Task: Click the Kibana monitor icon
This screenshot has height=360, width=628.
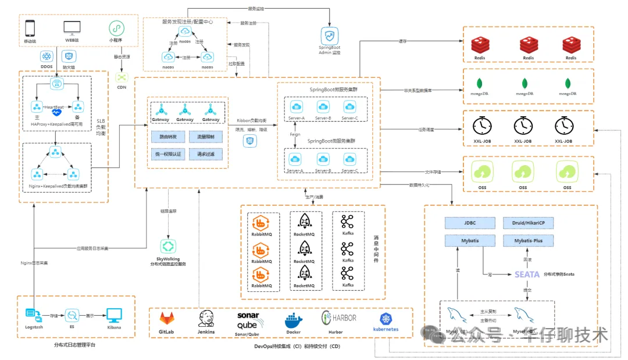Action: pyautogui.click(x=114, y=315)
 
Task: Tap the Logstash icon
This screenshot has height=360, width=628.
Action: pyautogui.click(x=33, y=315)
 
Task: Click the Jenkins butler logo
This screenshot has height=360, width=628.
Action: pyautogui.click(x=206, y=319)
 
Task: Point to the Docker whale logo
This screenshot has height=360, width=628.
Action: pyautogui.click(x=293, y=320)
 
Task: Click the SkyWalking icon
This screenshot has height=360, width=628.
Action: pyautogui.click(x=168, y=246)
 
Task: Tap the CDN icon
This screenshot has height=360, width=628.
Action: pyautogui.click(x=122, y=77)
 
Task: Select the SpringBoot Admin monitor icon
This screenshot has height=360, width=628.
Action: pyautogui.click(x=329, y=34)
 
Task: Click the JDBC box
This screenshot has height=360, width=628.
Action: pyautogui.click(x=461, y=223)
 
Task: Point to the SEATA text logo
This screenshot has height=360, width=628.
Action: pyautogui.click(x=527, y=274)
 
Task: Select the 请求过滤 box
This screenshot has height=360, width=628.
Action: pyautogui.click(x=206, y=155)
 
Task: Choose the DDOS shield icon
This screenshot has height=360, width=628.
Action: pyautogui.click(x=47, y=56)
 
